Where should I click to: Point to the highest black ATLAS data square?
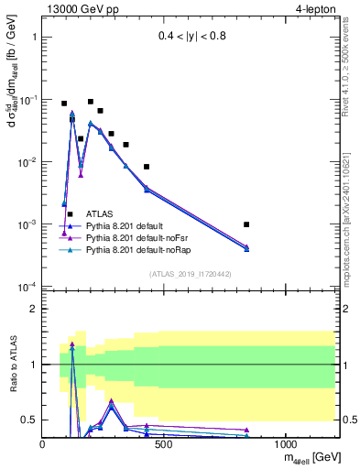pyautogui.click(x=91, y=102)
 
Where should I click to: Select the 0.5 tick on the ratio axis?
pyautogui.click(x=28, y=420)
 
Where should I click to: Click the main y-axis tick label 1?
pyautogui.click(x=32, y=38)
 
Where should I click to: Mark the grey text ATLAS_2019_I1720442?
pyautogui.click(x=190, y=274)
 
